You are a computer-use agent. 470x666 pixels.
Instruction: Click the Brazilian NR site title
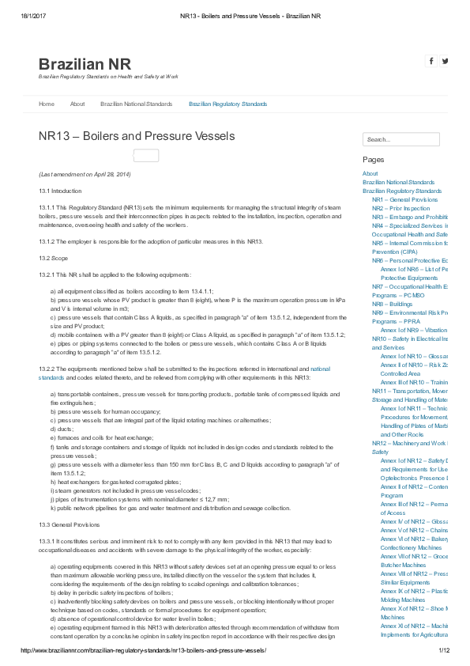(85, 64)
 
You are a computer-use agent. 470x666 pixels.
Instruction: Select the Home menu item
(47, 104)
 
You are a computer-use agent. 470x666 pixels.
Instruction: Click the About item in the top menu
(77, 104)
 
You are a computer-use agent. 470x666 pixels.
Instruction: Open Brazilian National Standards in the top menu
(136, 104)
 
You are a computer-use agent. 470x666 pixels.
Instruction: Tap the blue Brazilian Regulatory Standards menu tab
(227, 104)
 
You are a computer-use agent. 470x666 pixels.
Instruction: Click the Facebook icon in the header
(431, 61)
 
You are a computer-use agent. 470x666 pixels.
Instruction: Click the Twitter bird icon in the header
(446, 61)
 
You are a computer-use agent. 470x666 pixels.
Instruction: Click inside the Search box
(400, 140)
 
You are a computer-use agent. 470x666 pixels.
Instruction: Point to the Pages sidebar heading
(373, 160)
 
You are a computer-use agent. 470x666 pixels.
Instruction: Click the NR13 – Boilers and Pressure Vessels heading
(137, 136)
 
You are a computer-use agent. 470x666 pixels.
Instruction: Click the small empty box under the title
(146, 156)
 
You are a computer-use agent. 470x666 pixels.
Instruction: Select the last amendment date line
(85, 174)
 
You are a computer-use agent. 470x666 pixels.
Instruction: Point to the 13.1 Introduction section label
(60, 191)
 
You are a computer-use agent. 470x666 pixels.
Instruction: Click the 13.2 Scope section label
(54, 258)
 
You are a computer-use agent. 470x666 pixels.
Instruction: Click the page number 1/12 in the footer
(444, 650)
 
